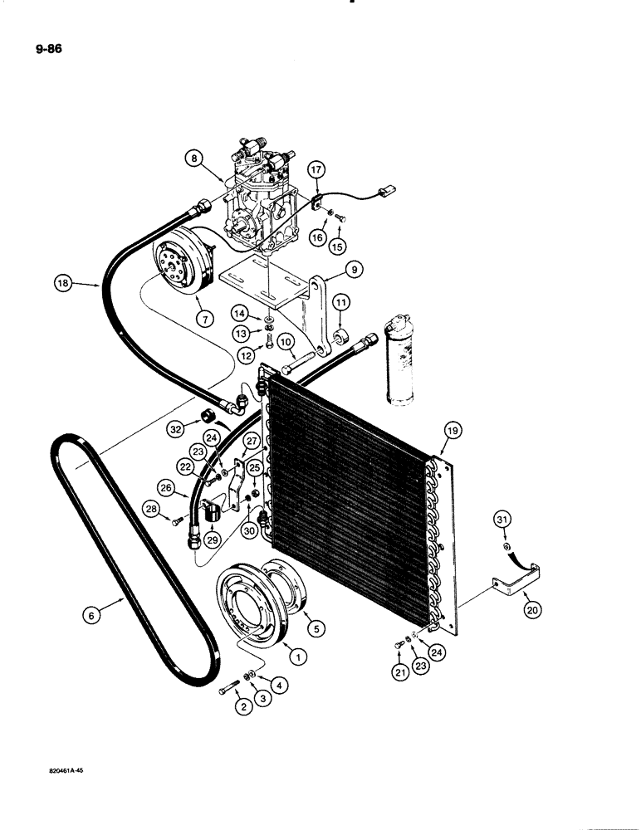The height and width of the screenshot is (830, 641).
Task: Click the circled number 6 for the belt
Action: pyautogui.click(x=93, y=616)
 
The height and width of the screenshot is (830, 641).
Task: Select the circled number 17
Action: pyautogui.click(x=316, y=171)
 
